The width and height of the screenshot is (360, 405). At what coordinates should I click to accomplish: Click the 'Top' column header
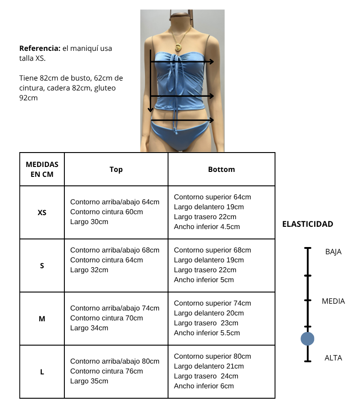pyautogui.click(x=116, y=170)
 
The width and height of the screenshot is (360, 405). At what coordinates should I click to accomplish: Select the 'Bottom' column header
pyautogui.click(x=221, y=170)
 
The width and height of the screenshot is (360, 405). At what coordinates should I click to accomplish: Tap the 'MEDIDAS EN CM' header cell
pyautogui.click(x=42, y=170)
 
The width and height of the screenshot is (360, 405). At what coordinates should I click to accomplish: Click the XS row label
pyautogui.click(x=42, y=212)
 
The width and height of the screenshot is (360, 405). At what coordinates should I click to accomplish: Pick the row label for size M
pyautogui.click(x=42, y=319)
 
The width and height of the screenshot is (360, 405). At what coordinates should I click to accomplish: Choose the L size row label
pyautogui.click(x=42, y=372)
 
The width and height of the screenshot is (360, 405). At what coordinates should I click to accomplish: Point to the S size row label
pyautogui.click(x=42, y=265)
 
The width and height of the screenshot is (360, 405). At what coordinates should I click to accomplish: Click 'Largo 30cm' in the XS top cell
pyautogui.click(x=89, y=222)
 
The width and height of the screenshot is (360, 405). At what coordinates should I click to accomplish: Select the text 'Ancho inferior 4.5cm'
pyautogui.click(x=207, y=227)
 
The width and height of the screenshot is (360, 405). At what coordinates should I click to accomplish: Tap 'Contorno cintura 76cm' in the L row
pyautogui.click(x=107, y=371)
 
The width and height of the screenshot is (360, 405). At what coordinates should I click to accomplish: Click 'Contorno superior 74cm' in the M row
pyautogui.click(x=212, y=303)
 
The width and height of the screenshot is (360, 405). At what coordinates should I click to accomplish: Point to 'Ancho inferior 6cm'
pyautogui.click(x=204, y=386)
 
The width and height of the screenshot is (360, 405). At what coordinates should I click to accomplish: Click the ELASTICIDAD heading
pyautogui.click(x=308, y=224)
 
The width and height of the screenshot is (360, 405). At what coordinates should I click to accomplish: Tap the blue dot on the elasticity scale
pyautogui.click(x=307, y=338)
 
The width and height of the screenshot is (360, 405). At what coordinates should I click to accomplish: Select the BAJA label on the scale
pyautogui.click(x=333, y=252)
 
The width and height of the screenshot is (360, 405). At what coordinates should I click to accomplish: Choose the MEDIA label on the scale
pyautogui.click(x=333, y=301)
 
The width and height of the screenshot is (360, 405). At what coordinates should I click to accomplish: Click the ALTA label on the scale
pyautogui.click(x=333, y=358)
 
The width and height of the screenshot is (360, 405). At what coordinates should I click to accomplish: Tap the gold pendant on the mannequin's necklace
pyautogui.click(x=178, y=47)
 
